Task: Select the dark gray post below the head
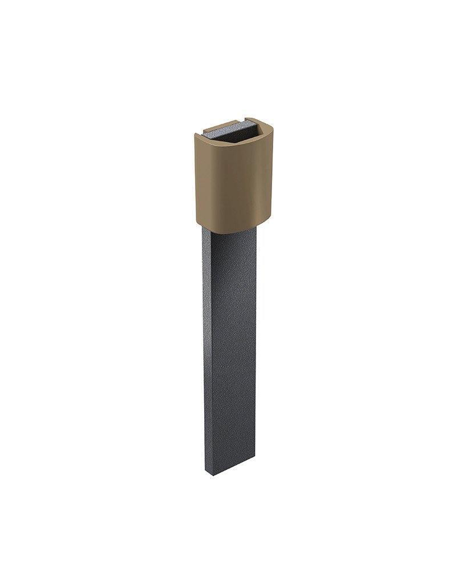231,343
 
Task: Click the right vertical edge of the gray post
256,343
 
